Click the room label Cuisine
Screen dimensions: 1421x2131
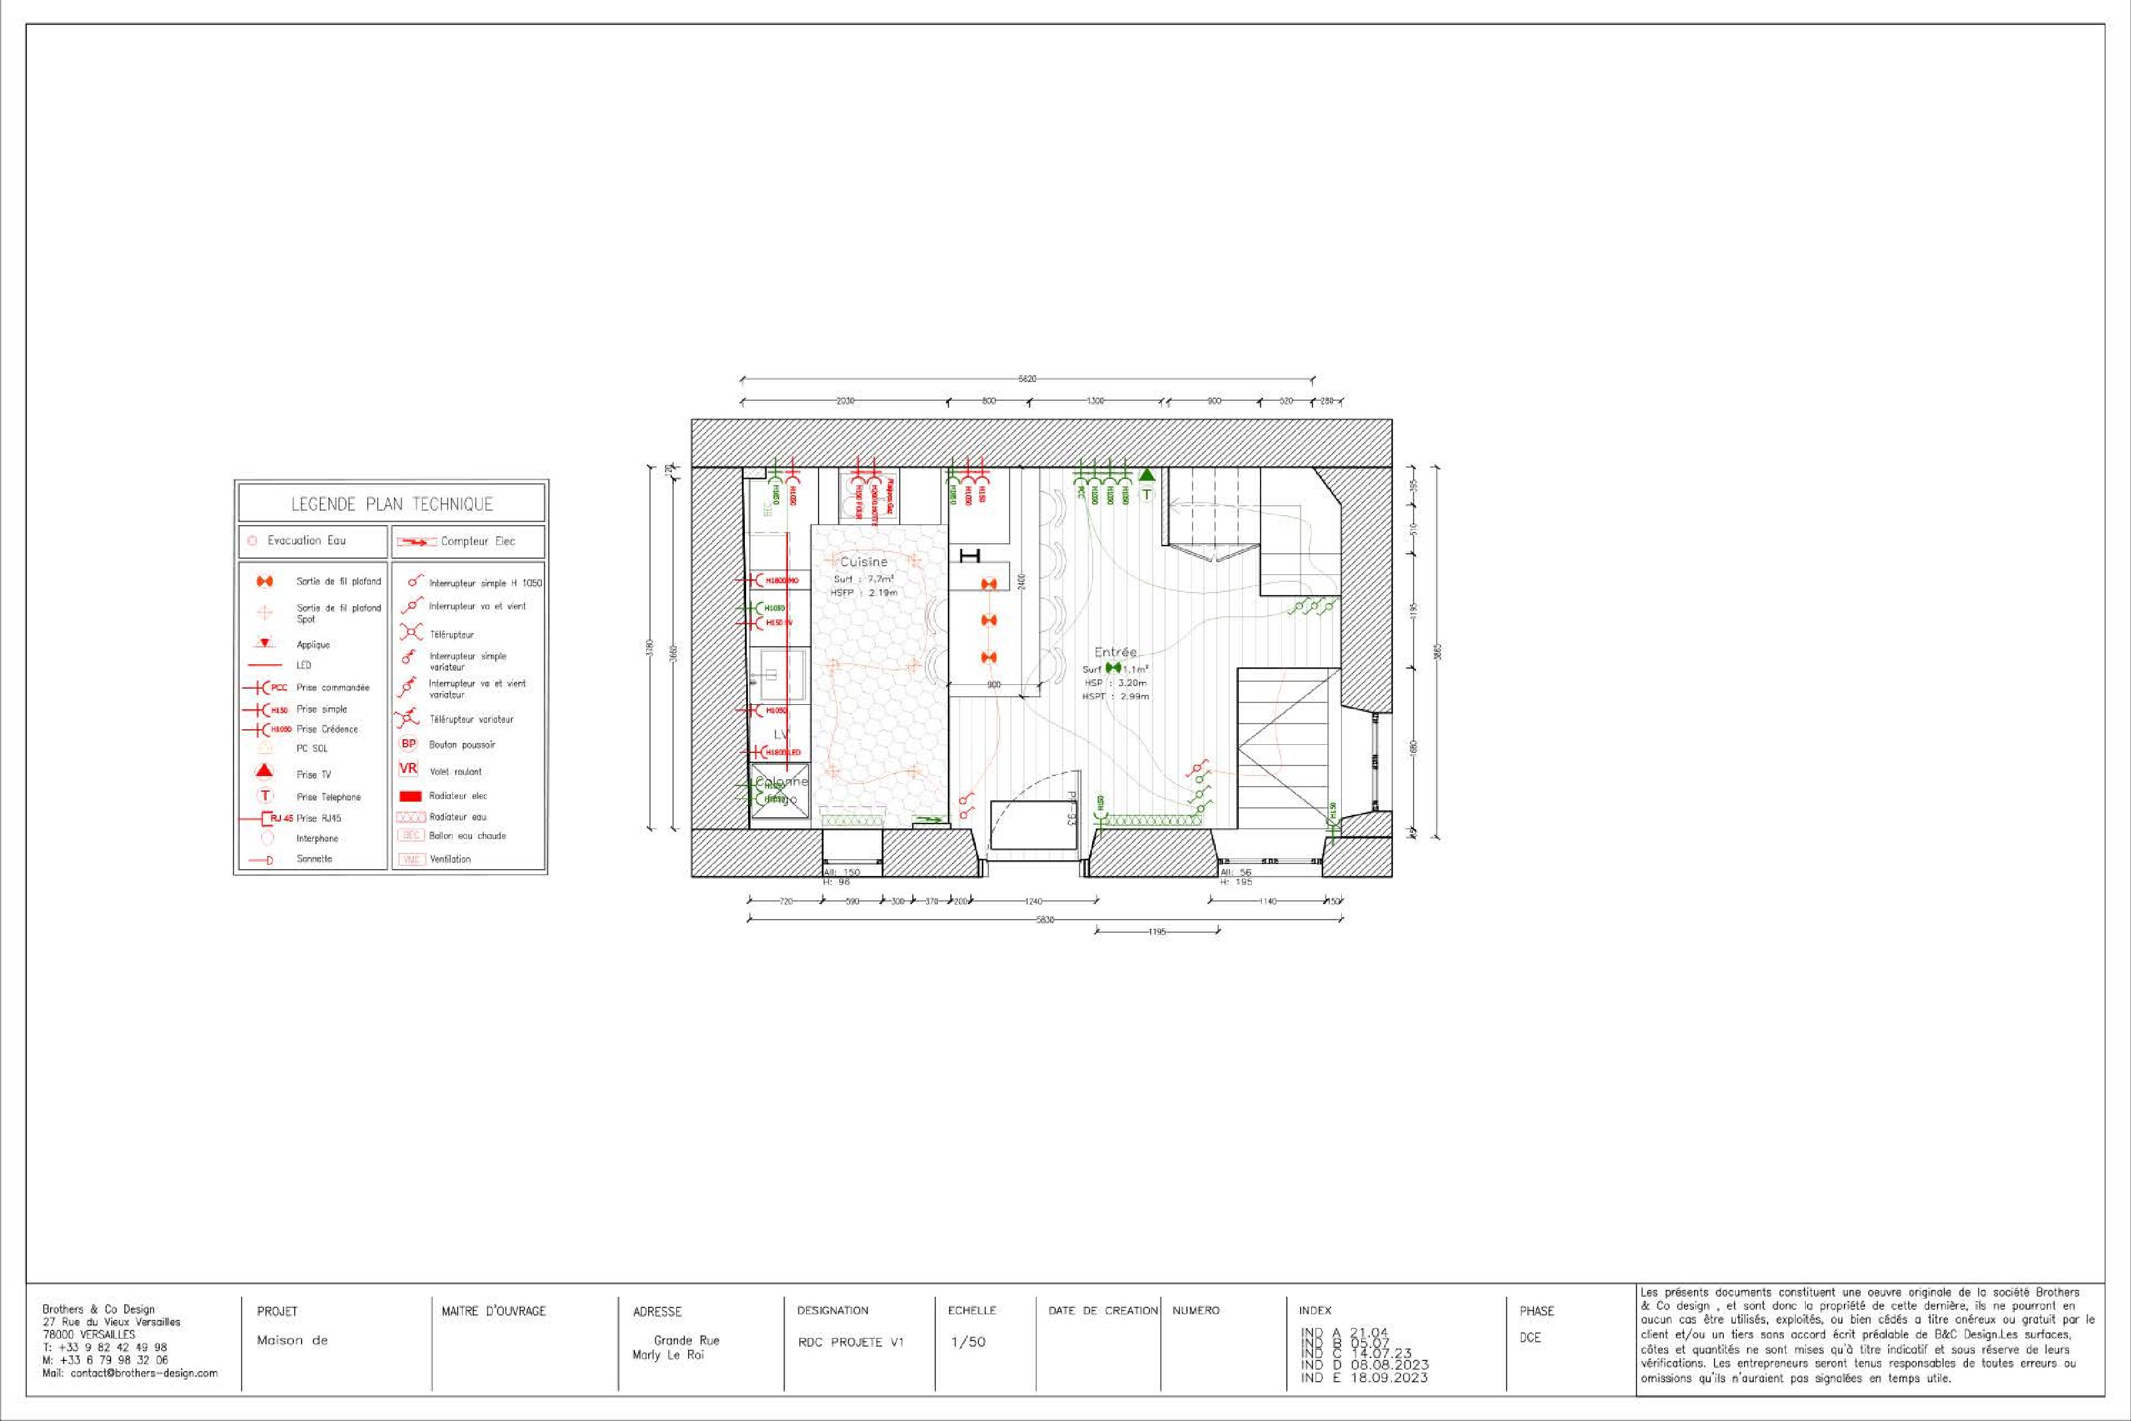pyautogui.click(x=864, y=562)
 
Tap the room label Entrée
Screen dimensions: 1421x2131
pyautogui.click(x=1115, y=652)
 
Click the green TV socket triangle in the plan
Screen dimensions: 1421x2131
pyautogui.click(x=1146, y=474)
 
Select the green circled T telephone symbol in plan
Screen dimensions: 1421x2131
pyautogui.click(x=1146, y=495)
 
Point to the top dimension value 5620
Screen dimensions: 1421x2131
pyautogui.click(x=1026, y=379)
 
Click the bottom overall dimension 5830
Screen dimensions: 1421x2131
pyautogui.click(x=1045, y=920)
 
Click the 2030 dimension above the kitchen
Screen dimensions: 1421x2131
pyautogui.click(x=844, y=401)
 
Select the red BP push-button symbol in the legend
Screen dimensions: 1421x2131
pyautogui.click(x=408, y=744)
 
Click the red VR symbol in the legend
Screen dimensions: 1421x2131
pyautogui.click(x=408, y=769)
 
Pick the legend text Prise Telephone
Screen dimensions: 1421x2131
pyautogui.click(x=328, y=797)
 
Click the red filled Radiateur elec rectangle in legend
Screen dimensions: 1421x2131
pyautogui.click(x=410, y=795)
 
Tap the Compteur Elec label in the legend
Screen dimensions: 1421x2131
pyautogui.click(x=478, y=542)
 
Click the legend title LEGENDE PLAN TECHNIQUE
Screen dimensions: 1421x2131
pyautogui.click(x=391, y=504)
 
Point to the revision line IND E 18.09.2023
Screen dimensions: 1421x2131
pyautogui.click(x=1364, y=1377)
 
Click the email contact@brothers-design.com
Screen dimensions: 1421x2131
pyautogui.click(x=130, y=1373)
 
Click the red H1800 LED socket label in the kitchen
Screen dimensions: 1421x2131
pyautogui.click(x=783, y=752)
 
